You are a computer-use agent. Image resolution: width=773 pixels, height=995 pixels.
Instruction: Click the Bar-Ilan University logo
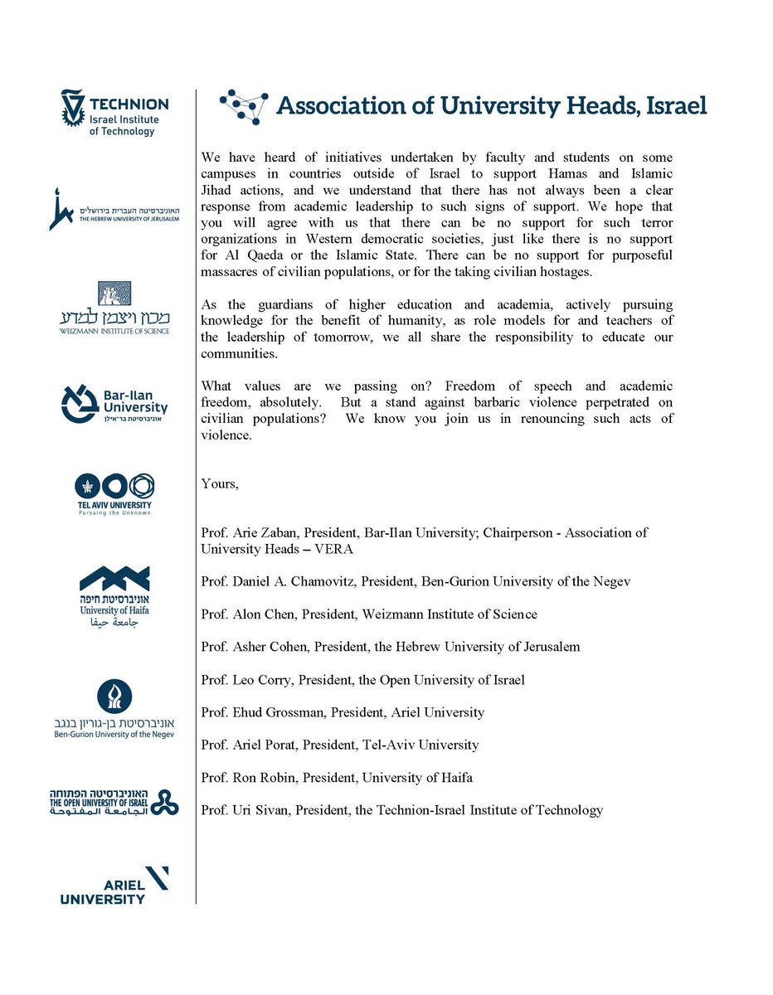[x=114, y=403]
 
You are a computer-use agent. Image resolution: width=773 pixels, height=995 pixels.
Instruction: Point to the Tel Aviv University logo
[x=114, y=495]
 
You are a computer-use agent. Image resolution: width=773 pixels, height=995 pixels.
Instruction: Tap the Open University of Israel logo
[x=114, y=802]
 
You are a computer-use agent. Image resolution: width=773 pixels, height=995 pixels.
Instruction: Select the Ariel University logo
[x=114, y=886]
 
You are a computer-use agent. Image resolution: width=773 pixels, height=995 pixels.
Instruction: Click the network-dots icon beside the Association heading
[x=244, y=107]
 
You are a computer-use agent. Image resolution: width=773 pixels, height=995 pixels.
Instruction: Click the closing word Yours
[x=219, y=484]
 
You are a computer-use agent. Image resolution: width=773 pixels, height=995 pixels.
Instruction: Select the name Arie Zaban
[x=258, y=532]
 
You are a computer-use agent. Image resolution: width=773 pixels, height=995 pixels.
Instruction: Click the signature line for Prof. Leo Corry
[x=362, y=680]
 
